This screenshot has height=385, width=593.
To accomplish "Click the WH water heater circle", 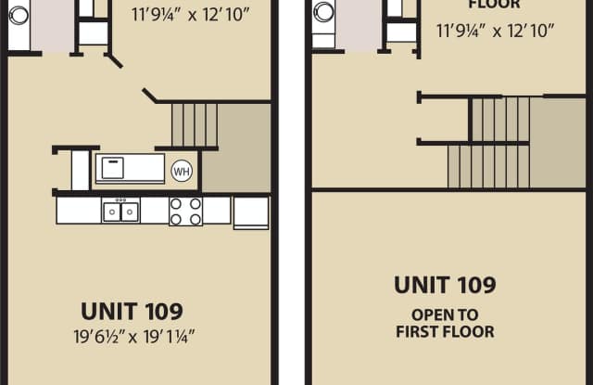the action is (x=182, y=171).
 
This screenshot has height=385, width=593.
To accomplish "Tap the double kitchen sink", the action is (x=121, y=212).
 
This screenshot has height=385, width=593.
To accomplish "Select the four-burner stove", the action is (x=185, y=212).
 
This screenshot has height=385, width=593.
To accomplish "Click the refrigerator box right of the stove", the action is (x=251, y=212).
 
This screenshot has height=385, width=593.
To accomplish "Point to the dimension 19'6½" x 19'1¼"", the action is (x=134, y=336).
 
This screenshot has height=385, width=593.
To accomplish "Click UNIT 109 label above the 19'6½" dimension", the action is (x=132, y=311).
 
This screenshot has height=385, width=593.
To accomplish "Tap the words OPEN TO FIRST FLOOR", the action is (x=445, y=323).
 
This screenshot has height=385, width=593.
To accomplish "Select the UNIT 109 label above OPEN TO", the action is (x=445, y=285).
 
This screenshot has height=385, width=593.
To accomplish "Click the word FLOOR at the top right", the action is (x=494, y=5).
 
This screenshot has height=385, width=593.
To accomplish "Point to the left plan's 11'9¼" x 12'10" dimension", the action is (x=191, y=15).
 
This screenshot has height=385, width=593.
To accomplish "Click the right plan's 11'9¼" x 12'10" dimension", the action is (x=496, y=31).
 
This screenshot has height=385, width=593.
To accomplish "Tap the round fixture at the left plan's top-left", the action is (x=19, y=16).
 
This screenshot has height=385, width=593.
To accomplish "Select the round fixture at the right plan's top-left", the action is (x=323, y=11).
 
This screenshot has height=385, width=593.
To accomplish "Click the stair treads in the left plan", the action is (x=195, y=125).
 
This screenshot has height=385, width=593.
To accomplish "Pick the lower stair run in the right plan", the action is (x=488, y=167).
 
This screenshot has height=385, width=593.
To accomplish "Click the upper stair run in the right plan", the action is (x=500, y=120).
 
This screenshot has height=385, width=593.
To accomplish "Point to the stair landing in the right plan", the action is (x=558, y=143).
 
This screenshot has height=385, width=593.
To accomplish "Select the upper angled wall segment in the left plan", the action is (x=113, y=60).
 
